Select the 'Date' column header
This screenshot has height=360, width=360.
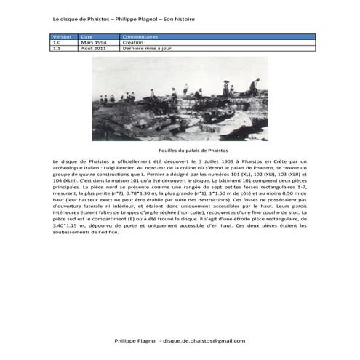pos(87,36)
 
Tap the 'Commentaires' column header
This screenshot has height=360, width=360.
pos(139,36)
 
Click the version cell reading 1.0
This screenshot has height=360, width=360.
pos(57,41)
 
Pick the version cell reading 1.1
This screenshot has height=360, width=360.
pos(57,47)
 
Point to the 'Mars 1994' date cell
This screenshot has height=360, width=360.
pos(92,41)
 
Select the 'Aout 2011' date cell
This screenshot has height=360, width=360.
pos(92,47)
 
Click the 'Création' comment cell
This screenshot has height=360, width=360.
pos(134,41)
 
